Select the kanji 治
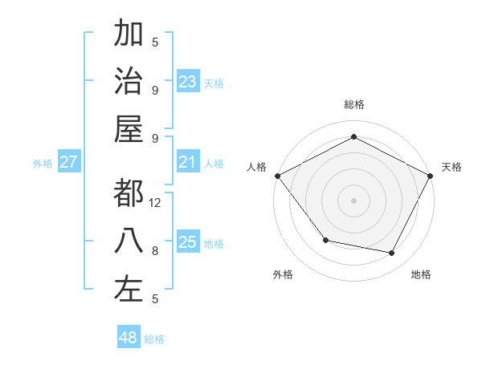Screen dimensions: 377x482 (129, 81)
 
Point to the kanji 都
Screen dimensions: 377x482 (129, 193)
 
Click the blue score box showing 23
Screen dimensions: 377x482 (188, 82)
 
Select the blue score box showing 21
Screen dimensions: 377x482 (188, 163)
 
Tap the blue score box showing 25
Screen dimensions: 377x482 (188, 243)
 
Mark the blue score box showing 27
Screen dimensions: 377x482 (68, 163)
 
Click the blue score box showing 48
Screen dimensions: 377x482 (128, 338)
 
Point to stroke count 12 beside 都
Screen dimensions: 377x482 (156, 202)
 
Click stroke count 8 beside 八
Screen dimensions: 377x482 (155, 250)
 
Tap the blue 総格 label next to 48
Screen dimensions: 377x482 (154, 339)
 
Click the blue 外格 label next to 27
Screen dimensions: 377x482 (43, 164)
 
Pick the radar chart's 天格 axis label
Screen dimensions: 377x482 (451, 167)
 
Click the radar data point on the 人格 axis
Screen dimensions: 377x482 (277, 176)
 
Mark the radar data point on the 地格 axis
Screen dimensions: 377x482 (392, 253)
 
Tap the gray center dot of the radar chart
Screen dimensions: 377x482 (353, 200)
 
